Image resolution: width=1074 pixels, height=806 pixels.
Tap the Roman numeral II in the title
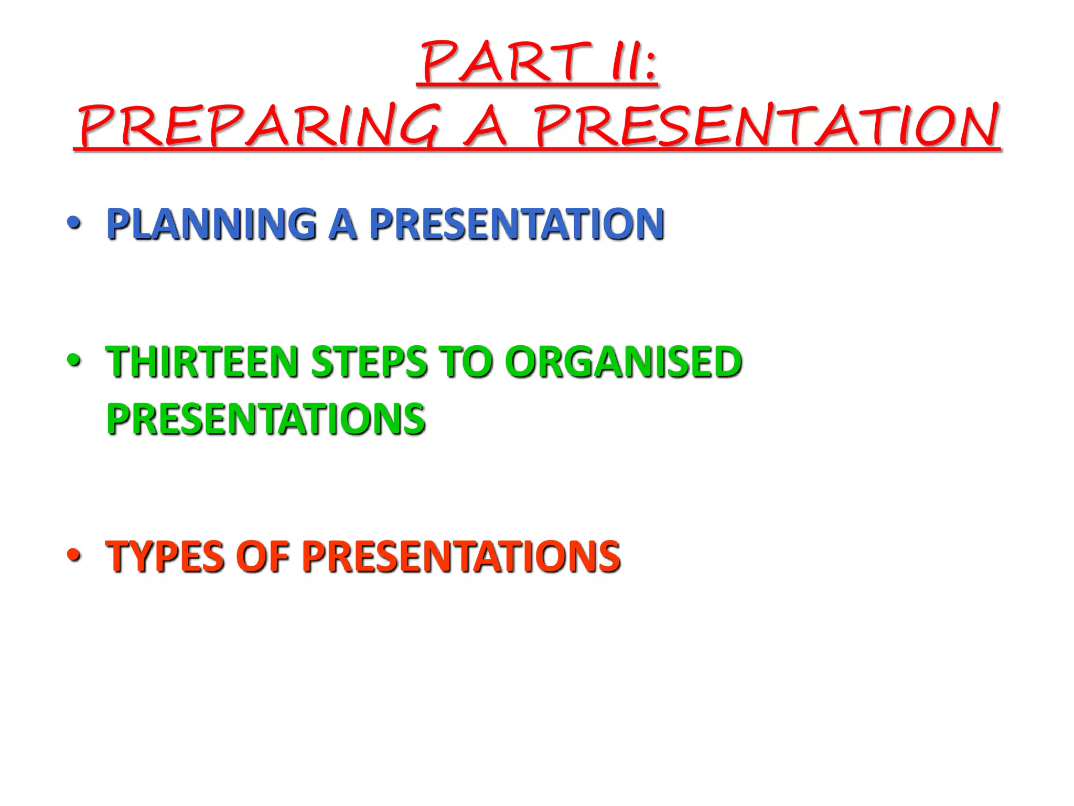point(624,62)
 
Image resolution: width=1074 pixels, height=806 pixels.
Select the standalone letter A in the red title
point(485,126)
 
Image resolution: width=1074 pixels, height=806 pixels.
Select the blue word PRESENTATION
point(517,224)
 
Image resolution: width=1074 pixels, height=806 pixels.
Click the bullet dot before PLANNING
point(74,224)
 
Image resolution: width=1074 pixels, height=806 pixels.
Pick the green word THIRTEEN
point(202,362)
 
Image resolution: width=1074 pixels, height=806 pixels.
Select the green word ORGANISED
point(624,362)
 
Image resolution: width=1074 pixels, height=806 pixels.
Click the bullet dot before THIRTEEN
point(74,361)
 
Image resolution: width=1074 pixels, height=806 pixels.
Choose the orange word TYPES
point(165,556)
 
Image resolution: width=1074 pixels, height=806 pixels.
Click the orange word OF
point(262,556)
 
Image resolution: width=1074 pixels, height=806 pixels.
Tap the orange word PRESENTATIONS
point(461,556)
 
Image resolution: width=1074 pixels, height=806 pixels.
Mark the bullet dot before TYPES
point(74,556)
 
